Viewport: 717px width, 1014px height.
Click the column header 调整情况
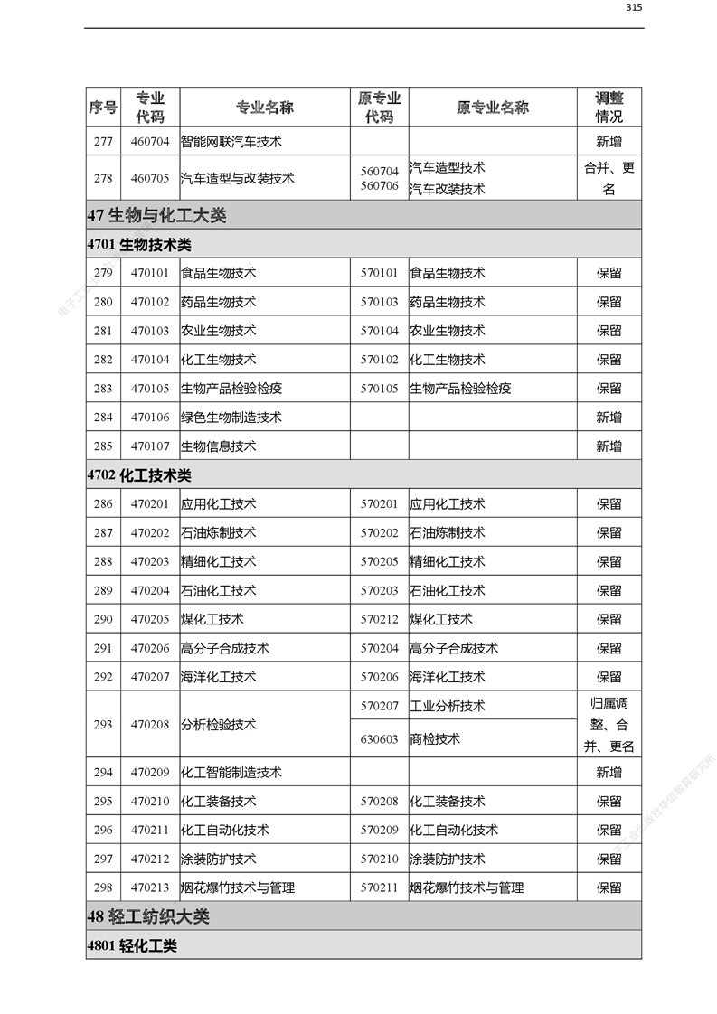click(609, 108)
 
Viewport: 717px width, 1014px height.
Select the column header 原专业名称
click(492, 108)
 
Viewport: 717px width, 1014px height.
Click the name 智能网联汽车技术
click(231, 142)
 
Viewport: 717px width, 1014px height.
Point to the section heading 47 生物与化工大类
click(157, 216)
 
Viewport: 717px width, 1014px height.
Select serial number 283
click(103, 389)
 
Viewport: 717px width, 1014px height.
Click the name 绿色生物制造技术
click(231, 418)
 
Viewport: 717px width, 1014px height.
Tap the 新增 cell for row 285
click(609, 446)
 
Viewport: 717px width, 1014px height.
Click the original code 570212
click(379, 620)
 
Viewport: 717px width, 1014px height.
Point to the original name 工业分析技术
click(448, 706)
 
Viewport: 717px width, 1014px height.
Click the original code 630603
click(379, 739)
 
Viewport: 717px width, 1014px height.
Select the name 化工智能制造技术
click(231, 773)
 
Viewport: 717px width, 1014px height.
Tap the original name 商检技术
click(435, 739)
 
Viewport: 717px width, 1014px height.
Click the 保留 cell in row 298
click(609, 888)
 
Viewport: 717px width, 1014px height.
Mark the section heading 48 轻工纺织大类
click(149, 916)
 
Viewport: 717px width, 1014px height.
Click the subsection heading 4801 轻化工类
click(132, 946)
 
